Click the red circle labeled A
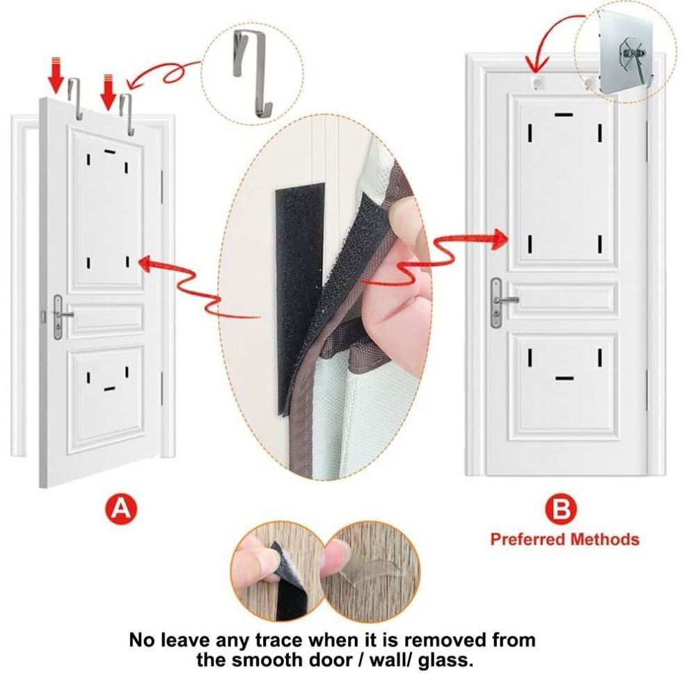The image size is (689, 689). click(121, 509)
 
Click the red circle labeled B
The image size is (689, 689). click(561, 509)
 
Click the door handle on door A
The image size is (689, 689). click(61, 316)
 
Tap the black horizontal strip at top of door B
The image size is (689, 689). click(564, 115)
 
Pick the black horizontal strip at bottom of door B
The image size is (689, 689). click(564, 378)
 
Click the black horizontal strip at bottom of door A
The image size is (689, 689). click(109, 388)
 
